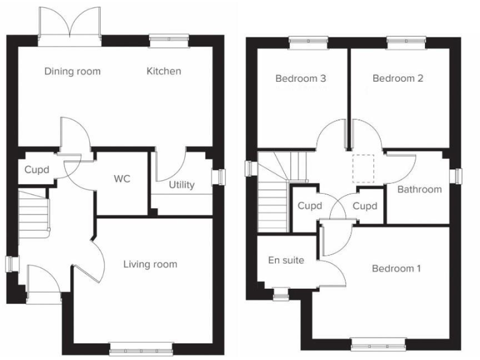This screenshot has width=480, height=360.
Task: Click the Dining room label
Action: point(72,71)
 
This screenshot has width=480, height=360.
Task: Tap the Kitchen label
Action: point(164,71)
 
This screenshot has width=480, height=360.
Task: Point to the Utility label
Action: point(181,185)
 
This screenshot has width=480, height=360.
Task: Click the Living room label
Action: point(150,264)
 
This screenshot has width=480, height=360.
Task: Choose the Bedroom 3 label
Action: point(301,79)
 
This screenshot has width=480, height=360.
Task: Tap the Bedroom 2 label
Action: point(398,79)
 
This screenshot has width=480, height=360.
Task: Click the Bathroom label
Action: point(419,189)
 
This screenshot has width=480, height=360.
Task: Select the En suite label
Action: point(286,260)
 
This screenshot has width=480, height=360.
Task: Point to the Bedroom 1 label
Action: point(396,269)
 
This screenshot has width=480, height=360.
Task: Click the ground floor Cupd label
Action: point(37,169)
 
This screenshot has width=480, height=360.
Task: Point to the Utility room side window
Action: point(219,177)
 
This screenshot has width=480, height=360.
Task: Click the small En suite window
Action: point(281,291)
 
